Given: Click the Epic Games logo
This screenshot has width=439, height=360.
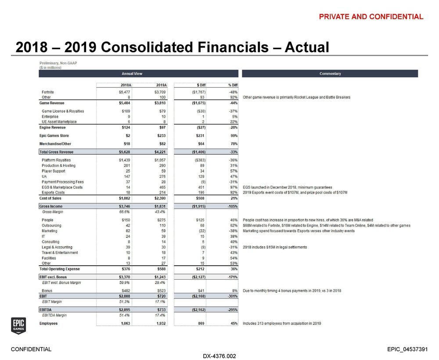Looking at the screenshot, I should (18, 326).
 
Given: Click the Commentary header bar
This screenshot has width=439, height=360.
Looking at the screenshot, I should (330, 74).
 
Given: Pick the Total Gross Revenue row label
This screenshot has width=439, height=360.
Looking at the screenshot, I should (57, 152).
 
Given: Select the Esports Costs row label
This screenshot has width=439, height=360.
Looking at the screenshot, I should (53, 192).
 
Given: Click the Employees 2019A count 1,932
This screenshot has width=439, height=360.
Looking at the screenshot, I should (158, 324).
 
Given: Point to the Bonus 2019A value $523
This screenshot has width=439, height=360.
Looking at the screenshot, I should (160, 291).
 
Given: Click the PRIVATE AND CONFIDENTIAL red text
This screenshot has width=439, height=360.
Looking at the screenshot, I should (371, 17).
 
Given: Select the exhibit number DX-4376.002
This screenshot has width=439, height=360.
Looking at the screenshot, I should (219, 356).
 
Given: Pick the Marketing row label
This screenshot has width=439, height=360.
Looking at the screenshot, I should (50, 231).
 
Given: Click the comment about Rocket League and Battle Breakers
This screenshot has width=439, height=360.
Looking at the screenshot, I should (296, 97).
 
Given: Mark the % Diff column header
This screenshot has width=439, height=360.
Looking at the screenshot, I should (232, 85).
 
